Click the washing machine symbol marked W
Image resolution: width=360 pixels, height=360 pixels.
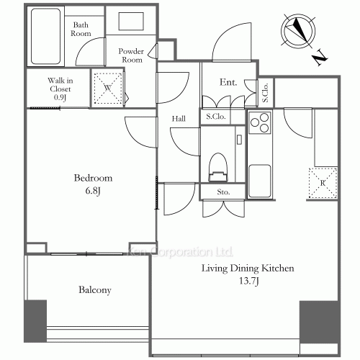107,87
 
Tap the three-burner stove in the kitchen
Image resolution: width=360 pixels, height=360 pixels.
259,125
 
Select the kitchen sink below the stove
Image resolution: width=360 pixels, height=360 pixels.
259,176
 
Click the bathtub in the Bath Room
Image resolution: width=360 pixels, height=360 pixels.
46,36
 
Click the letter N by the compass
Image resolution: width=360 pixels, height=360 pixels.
320,56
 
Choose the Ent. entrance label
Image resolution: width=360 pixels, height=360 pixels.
229,83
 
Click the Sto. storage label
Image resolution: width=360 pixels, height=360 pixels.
223,192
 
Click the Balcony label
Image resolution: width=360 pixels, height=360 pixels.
94,290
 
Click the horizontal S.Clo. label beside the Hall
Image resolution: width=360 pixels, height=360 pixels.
216,116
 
